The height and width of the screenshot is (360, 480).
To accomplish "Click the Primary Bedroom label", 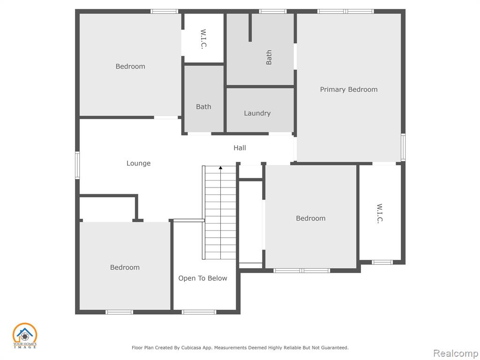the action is coord(349,90).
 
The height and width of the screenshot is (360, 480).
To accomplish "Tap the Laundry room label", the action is coord(257,113).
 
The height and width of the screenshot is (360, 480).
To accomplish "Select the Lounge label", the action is coord(138,163).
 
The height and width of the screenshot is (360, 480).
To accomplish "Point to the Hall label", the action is coord(240,148).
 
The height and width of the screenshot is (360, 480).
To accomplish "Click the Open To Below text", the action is coord(202,278).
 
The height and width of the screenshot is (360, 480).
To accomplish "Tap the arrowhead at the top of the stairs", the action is coord(220,168).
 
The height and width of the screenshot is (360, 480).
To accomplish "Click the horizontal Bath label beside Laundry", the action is coord(203,107).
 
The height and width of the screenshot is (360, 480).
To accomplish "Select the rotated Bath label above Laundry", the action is coord(269,57).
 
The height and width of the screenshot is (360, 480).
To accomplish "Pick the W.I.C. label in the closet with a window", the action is coord(380,213).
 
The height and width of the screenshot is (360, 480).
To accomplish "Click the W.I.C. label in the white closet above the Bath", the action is coord(203,39).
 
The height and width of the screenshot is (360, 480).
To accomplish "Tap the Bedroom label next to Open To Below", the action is coord(125,267).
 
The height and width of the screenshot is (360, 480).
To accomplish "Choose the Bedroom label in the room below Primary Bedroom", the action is coord(311,218).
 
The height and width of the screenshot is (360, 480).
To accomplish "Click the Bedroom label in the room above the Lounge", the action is coord(130,67).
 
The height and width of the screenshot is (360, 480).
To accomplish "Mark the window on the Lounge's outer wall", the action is coord(77,165).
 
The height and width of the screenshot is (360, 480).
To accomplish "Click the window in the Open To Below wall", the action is coord(199,312).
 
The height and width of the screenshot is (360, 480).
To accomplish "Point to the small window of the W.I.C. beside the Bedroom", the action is coord(382,262).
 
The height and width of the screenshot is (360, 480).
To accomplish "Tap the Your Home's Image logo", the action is coord(25,336).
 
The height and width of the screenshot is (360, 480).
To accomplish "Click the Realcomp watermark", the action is coord(456,353).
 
